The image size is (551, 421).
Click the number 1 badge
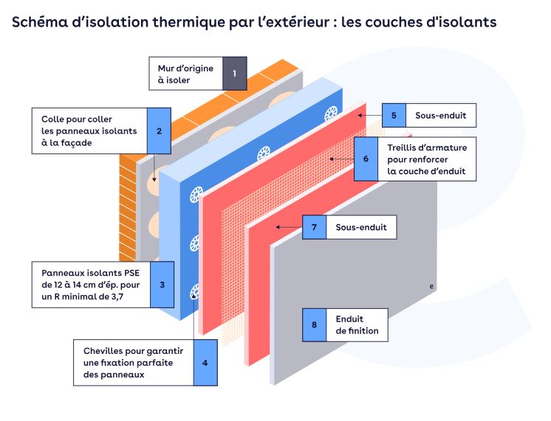click(234, 73)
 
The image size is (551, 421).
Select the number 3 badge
click(162, 284)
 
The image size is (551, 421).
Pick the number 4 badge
click(205, 362)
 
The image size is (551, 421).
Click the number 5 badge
click(394, 116)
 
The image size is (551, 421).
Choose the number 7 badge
click(314, 228)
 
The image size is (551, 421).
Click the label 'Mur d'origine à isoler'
click(185, 74)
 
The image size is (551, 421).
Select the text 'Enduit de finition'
click(357, 324)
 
